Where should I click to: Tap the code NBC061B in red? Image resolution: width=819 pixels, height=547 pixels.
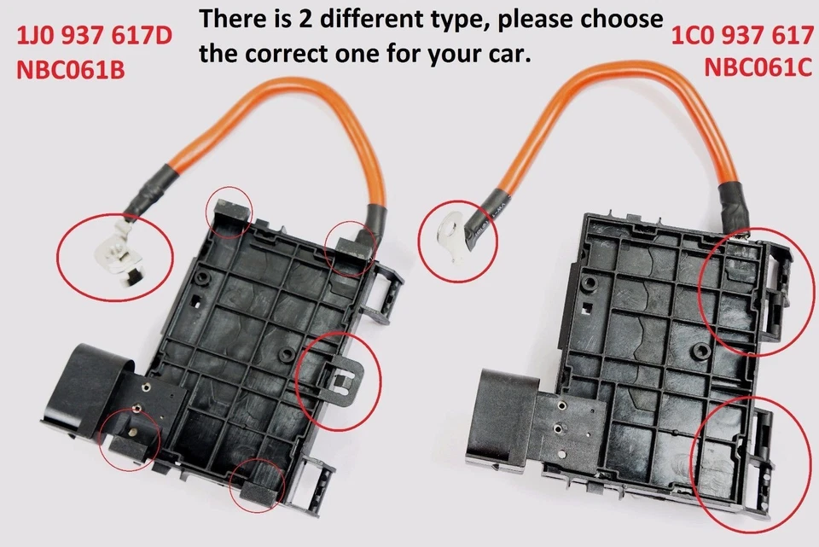click(x=71, y=70)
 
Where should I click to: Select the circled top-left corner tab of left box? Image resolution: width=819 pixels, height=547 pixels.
click(x=229, y=212)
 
